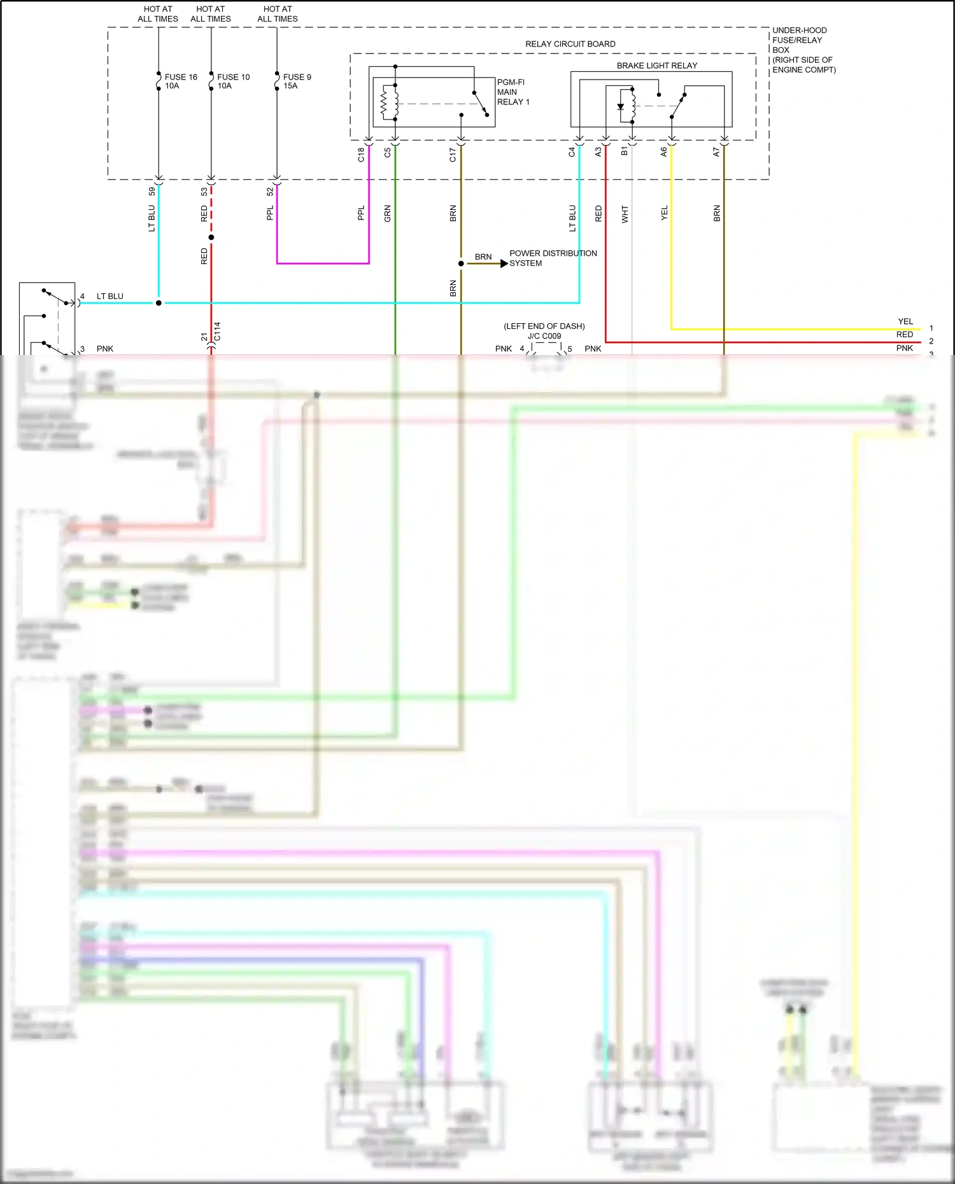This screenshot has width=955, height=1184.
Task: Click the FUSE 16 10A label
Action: [180, 81]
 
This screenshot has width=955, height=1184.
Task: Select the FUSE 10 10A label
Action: [233, 81]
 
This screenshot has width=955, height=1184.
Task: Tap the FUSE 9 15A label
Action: [297, 81]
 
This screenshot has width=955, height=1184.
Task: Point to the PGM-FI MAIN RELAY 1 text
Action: [513, 92]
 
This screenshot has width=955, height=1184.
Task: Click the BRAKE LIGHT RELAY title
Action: [656, 66]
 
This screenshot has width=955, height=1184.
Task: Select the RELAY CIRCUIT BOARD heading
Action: [570, 44]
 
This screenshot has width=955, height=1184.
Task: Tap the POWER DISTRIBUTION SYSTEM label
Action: [552, 258]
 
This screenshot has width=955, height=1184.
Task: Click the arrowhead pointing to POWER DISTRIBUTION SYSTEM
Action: [504, 263]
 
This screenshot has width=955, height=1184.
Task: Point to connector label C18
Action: [361, 155]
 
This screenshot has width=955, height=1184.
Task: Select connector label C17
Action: [453, 155]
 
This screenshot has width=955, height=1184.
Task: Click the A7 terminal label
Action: [716, 152]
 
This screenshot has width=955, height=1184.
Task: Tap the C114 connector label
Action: [217, 331]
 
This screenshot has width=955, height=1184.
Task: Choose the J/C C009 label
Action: [544, 336]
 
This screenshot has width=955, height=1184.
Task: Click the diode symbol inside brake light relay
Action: [621, 107]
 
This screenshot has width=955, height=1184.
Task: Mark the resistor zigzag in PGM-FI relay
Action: [384, 104]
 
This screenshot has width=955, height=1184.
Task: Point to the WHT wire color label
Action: [625, 214]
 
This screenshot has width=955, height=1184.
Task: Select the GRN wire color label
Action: [387, 214]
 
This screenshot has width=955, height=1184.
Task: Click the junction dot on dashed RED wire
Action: [211, 237]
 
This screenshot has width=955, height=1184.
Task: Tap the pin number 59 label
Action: [152, 191]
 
